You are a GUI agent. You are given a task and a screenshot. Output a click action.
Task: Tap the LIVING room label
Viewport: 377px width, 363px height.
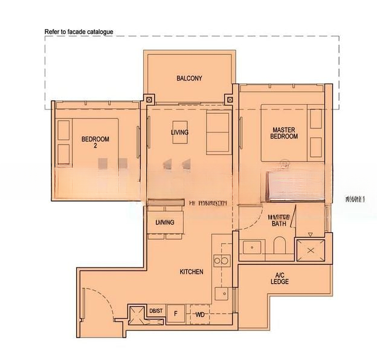(179, 132)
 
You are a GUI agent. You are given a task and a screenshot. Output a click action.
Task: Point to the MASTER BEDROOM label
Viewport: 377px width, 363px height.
(285, 133)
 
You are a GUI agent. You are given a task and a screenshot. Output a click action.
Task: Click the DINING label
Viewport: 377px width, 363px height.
(164, 222)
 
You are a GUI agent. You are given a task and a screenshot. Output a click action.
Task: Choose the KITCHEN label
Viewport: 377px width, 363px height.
(191, 272)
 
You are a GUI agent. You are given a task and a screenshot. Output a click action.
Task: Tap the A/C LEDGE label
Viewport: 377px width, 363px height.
(280, 279)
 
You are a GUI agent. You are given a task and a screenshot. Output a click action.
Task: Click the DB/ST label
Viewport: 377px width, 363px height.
(155, 311)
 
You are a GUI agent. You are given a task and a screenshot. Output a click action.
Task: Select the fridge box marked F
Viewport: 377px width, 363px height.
(175, 313)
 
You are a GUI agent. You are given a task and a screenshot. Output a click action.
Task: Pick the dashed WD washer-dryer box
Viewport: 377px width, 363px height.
(199, 315)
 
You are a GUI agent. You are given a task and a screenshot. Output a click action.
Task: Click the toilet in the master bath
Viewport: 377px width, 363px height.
(279, 247)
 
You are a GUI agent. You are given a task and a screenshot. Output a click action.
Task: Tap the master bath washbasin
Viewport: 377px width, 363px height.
(253, 248)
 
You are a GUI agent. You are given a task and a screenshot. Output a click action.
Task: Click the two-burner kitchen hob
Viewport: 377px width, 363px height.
(221, 261)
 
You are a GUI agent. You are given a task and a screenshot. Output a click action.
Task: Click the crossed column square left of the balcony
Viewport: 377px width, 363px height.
(149, 100)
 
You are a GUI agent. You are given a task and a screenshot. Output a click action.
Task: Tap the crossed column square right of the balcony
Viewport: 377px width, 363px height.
(229, 100)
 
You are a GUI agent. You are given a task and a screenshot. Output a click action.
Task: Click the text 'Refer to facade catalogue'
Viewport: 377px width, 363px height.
(79, 31)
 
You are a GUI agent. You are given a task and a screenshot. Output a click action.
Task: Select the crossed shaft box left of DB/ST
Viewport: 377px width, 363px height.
(135, 313)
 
